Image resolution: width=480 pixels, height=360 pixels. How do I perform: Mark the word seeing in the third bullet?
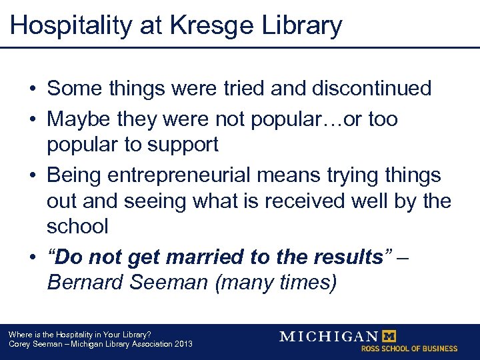click(161, 201)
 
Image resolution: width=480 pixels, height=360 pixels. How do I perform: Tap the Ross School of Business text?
click(409, 348)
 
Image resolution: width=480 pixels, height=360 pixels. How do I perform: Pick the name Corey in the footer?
click(19, 344)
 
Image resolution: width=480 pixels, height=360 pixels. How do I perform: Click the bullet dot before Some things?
click(32, 89)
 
